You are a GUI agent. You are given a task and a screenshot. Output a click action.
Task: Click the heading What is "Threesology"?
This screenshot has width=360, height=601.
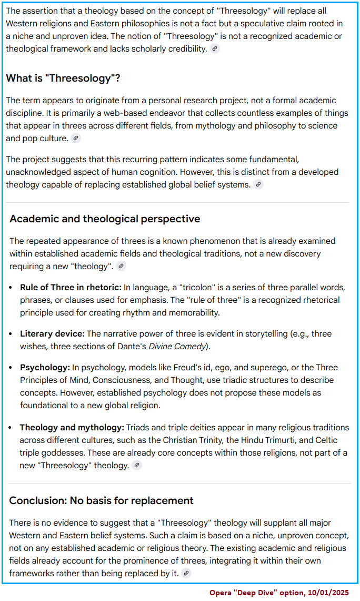point(63,78)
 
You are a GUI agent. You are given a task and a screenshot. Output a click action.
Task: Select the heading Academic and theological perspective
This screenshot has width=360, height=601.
point(105,219)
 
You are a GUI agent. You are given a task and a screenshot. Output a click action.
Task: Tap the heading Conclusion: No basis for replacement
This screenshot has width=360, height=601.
point(102,500)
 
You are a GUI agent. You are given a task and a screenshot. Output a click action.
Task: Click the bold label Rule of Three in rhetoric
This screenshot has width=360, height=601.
point(71,287)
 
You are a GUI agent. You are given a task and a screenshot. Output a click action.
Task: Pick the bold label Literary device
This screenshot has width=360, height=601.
point(52,333)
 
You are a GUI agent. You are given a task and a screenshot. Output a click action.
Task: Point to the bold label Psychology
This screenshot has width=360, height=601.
point(45,367)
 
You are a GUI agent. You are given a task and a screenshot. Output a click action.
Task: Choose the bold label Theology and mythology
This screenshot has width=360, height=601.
point(72,427)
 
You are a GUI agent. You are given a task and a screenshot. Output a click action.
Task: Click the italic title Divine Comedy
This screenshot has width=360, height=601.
point(177,346)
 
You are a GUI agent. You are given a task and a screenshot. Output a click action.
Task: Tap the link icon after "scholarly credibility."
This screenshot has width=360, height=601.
point(214,49)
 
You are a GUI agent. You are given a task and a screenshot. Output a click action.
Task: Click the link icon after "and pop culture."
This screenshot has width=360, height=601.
point(76,139)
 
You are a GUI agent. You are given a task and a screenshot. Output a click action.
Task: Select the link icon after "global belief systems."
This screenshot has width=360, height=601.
point(258,185)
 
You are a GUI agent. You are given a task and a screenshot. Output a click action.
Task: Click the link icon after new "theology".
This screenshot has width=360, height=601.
point(122,267)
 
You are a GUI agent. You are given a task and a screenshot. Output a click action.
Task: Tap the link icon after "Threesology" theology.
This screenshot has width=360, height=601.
point(137,466)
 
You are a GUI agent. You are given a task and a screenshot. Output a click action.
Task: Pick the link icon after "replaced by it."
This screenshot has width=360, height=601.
point(186,574)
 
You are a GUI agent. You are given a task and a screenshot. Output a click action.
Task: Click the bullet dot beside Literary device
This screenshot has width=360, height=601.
point(12,334)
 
